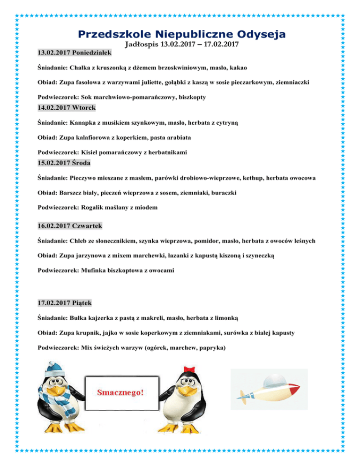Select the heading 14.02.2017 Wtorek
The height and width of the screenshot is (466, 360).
(x=66, y=108)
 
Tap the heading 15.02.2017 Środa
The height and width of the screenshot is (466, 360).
(x=64, y=164)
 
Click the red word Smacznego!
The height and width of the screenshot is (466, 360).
(x=120, y=391)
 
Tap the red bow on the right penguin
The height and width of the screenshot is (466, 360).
(x=189, y=368)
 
